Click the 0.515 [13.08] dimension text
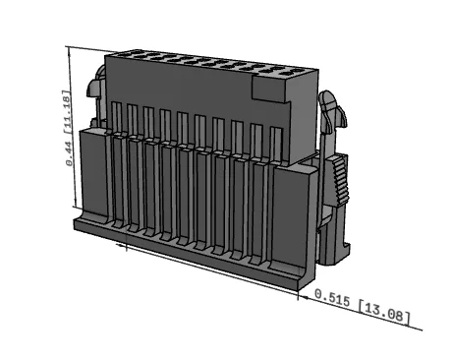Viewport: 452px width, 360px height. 363,306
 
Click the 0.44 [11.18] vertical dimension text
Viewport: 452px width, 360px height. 67,128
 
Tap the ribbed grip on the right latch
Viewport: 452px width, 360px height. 340,180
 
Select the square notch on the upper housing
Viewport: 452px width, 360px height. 270,88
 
